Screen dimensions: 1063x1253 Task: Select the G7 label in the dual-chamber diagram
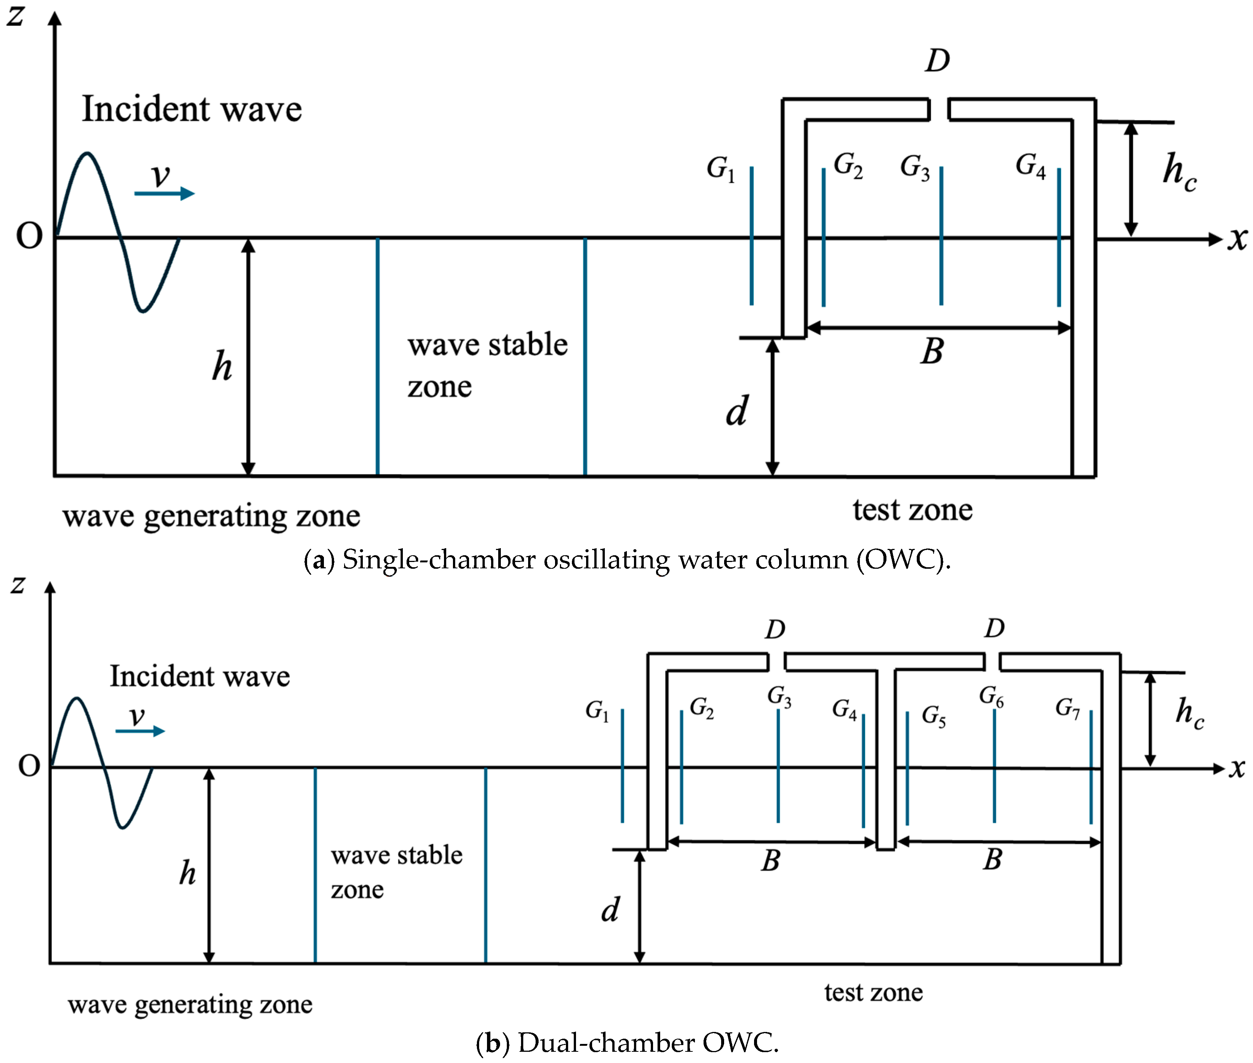(x=1067, y=708)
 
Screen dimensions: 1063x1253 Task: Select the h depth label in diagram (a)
(x=222, y=366)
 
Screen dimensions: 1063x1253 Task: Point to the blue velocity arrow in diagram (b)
(x=140, y=731)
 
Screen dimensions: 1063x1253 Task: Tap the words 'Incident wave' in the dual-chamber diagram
(x=199, y=676)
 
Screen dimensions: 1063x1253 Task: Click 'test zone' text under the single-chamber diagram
(x=912, y=510)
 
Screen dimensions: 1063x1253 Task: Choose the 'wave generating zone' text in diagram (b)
(x=190, y=1005)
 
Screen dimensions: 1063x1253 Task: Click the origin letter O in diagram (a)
(x=29, y=236)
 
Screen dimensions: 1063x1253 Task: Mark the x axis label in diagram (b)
(x=1237, y=768)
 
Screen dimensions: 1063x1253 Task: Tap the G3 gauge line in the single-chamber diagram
(x=941, y=235)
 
